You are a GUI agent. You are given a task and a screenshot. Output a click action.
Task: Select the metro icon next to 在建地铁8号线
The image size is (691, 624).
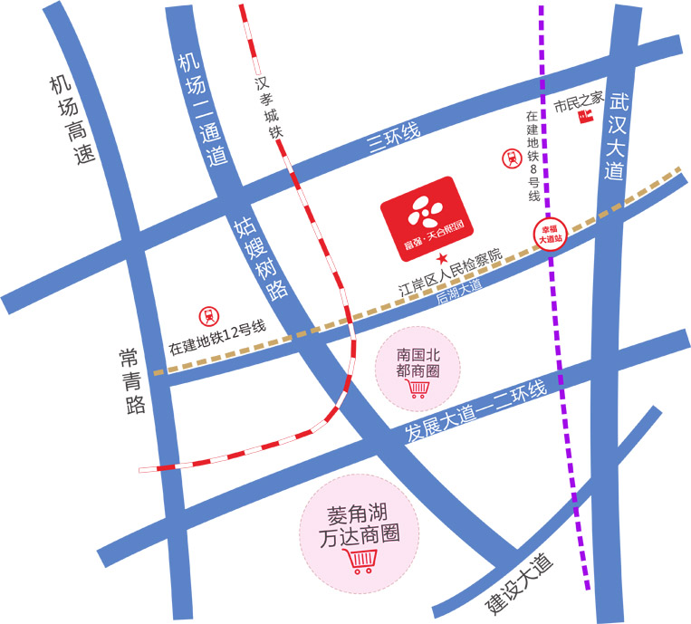point(509,160)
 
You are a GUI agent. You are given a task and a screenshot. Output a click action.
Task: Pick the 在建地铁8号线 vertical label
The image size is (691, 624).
point(534,154)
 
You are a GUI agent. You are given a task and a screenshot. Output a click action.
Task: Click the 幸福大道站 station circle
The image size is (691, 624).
point(549,233)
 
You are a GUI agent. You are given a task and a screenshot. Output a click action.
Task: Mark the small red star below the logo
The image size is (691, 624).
point(442,260)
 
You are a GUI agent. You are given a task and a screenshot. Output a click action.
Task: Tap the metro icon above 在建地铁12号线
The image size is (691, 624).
point(209,316)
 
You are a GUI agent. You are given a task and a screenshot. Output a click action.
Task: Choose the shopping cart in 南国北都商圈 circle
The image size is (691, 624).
point(417,389)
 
